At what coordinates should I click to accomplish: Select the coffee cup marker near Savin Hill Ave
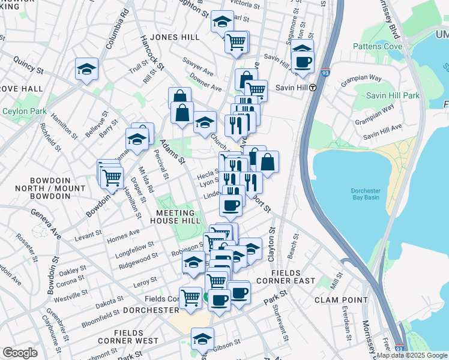pyautogui.click(x=303, y=61)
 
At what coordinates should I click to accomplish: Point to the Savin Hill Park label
pyautogui.click(x=393, y=95)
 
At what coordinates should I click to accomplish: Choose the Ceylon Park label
pyautogui.click(x=25, y=111)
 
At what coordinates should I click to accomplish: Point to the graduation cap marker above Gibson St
pyautogui.click(x=202, y=338)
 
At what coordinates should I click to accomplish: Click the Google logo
pyautogui.click(x=20, y=353)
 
